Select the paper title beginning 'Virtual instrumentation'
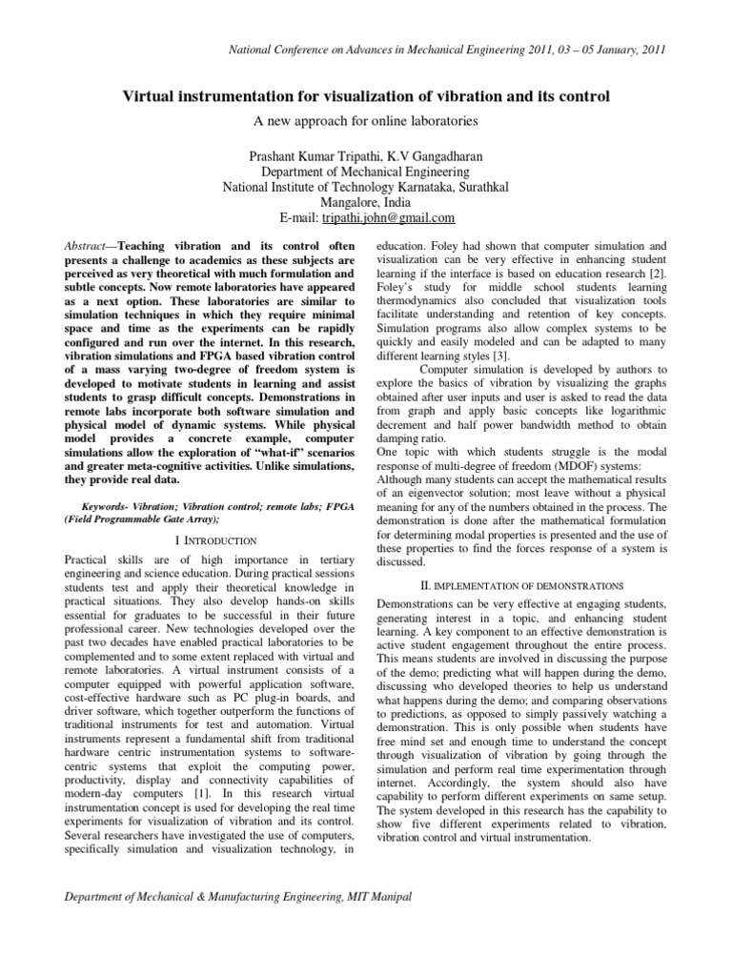tap(366, 97)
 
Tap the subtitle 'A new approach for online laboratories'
tap(366, 121)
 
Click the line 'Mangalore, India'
tap(366, 202)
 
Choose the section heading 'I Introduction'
tap(199, 541)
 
